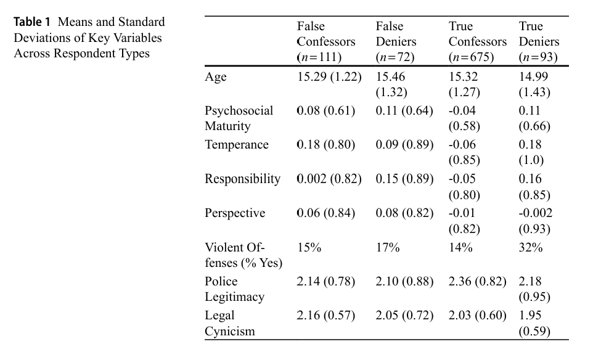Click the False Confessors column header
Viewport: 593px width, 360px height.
tap(326, 42)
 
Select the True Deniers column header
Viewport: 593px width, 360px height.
tap(539, 42)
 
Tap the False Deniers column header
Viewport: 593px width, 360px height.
tap(396, 42)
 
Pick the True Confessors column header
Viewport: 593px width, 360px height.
tap(477, 42)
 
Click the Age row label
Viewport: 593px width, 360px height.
tap(216, 77)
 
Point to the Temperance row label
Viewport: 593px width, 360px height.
tap(237, 145)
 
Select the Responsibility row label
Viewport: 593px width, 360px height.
tap(242, 179)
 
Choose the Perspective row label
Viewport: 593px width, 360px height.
tap(235, 213)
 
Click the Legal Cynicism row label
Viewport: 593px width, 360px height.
tap(229, 323)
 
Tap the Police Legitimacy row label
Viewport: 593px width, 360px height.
tap(234, 289)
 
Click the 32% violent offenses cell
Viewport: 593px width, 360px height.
tap(531, 247)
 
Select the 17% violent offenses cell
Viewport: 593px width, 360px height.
tap(388, 247)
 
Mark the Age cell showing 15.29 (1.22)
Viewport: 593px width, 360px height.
tap(329, 77)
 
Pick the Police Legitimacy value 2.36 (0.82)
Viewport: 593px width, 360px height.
tap(478, 282)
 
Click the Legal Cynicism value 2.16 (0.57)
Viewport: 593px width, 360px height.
tap(325, 316)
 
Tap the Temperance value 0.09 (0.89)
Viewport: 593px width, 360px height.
tap(404, 145)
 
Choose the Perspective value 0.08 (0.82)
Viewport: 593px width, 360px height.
tap(404, 213)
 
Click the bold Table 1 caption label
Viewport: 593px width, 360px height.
tap(33, 23)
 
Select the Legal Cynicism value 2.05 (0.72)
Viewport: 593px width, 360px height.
tap(404, 316)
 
